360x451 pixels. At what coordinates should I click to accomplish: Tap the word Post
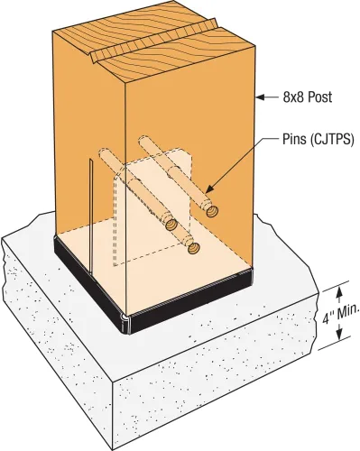click(x=320, y=97)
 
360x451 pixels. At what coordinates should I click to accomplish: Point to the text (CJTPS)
click(x=331, y=140)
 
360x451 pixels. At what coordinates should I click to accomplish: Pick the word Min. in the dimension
click(x=348, y=313)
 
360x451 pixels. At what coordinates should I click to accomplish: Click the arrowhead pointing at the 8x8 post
click(x=260, y=97)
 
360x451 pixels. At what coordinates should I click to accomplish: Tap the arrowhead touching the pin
click(x=209, y=189)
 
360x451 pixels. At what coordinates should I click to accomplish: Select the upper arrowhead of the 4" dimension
click(x=339, y=291)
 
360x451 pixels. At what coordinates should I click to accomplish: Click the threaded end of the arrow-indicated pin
click(x=212, y=211)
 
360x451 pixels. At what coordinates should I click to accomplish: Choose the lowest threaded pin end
click(x=193, y=248)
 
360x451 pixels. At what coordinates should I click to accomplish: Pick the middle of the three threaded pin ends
click(x=171, y=224)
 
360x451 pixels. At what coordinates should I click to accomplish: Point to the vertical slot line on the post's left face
click(x=91, y=216)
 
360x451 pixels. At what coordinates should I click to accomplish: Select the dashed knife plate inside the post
click(x=152, y=207)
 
